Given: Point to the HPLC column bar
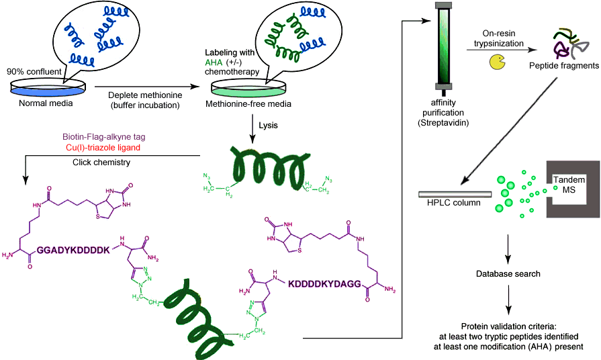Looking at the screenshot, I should click(454, 194).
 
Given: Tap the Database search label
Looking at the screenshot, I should click(508, 273).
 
